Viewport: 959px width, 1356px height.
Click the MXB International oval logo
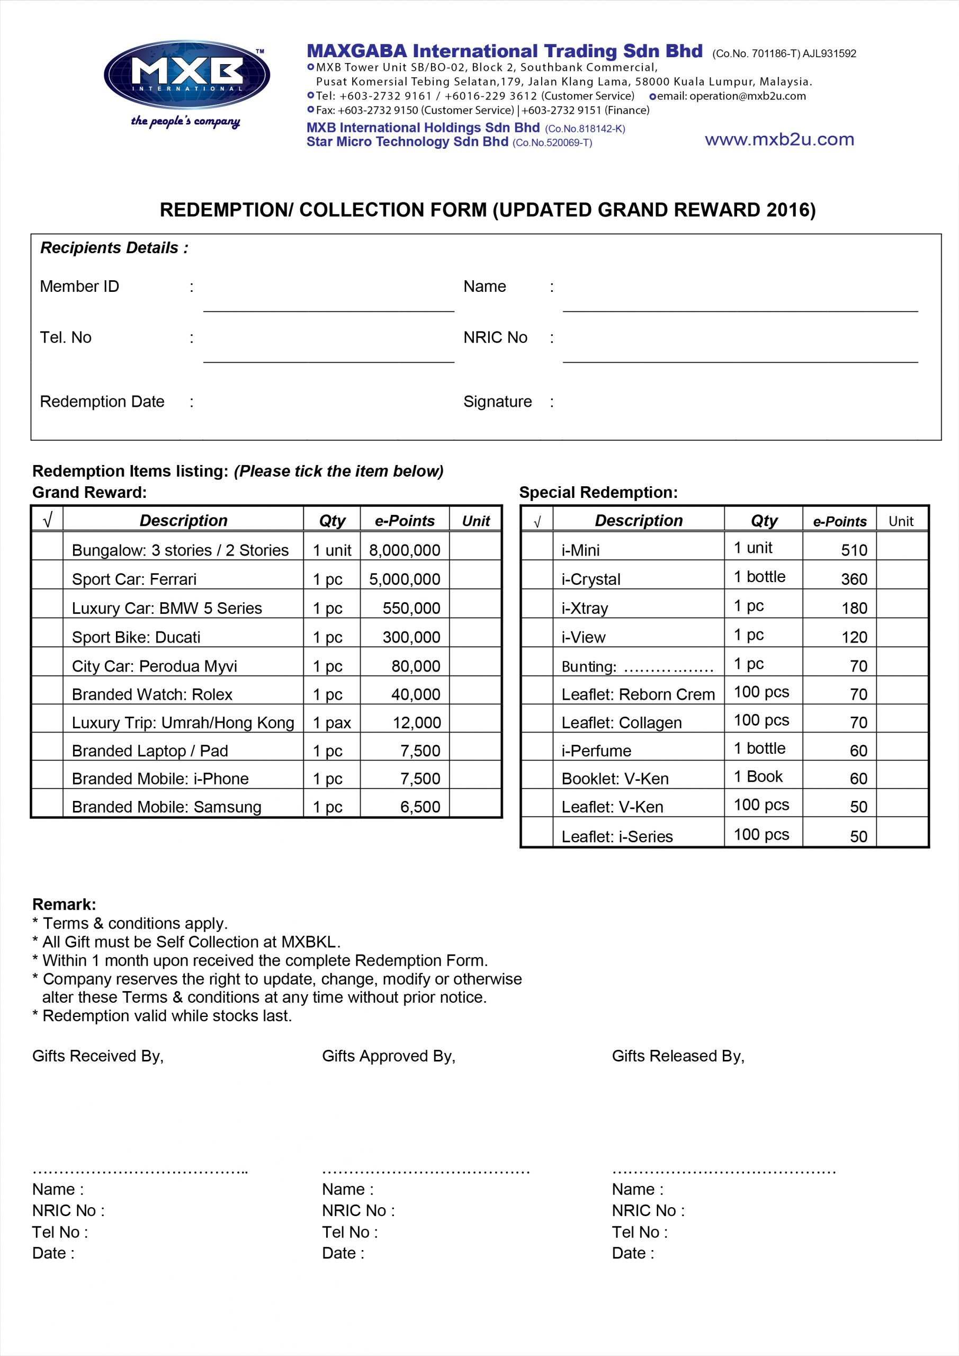(186, 75)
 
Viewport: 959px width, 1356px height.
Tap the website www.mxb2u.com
(779, 139)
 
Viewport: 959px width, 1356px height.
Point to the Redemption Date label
(102, 402)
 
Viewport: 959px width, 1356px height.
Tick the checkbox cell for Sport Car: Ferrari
(47, 575)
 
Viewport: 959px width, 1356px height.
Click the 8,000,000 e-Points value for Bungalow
(405, 550)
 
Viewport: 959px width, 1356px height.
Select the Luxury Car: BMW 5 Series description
(166, 608)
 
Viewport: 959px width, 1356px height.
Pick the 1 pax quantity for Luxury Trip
(331, 723)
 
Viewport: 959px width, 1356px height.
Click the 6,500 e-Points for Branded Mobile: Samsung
(420, 807)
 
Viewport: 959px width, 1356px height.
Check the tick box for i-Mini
(537, 547)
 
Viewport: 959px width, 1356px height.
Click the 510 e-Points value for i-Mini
(854, 550)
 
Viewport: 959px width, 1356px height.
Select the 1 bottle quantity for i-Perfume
(759, 748)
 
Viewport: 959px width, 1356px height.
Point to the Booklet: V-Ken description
(615, 779)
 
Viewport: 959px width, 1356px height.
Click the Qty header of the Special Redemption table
(764, 520)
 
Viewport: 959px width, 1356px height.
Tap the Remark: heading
(64, 904)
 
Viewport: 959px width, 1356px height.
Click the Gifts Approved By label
(389, 1056)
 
